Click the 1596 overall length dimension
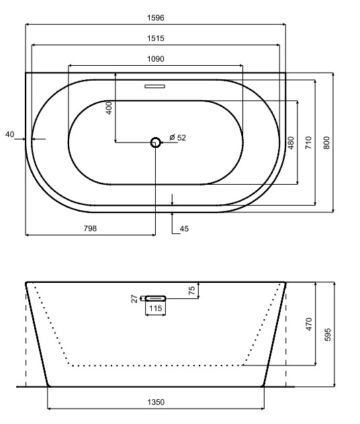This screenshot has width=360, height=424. (x=155, y=17)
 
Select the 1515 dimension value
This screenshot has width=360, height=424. (x=155, y=38)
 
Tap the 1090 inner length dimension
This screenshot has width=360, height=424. (x=155, y=58)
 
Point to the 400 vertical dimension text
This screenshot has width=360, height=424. (x=109, y=108)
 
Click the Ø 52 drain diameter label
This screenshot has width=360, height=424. (x=177, y=137)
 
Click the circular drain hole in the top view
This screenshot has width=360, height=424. (x=156, y=142)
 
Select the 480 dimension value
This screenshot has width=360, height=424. (x=291, y=143)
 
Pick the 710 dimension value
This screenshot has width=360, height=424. (x=308, y=142)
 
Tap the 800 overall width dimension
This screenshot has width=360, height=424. (x=326, y=142)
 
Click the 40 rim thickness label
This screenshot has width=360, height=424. (x=9, y=134)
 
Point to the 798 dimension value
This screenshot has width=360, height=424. (x=90, y=228)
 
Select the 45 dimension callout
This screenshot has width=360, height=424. (x=185, y=229)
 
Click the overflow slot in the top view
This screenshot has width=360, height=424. (x=155, y=86)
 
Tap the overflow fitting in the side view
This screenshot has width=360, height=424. (x=156, y=297)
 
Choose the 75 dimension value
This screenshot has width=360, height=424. (x=192, y=290)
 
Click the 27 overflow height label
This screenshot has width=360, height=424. (x=134, y=298)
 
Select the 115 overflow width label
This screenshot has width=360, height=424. (x=156, y=309)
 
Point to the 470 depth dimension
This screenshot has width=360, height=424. (x=309, y=324)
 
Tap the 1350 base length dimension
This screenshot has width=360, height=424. (x=156, y=402)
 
